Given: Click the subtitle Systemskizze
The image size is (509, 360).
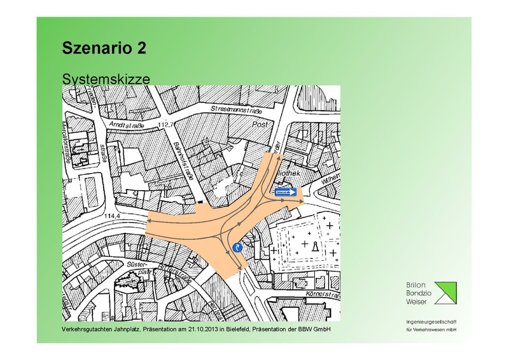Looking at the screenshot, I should [105, 79].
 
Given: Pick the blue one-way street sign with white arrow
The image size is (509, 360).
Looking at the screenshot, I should [286, 191].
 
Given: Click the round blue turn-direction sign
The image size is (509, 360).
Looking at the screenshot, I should [238, 247].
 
